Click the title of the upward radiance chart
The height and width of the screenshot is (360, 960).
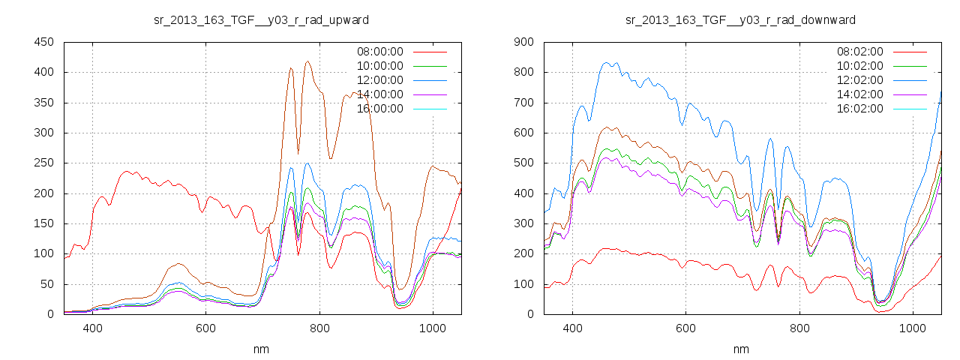pos(261,19)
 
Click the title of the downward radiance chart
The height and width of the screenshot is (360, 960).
pos(741,19)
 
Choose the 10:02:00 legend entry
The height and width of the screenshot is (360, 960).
pos(859,66)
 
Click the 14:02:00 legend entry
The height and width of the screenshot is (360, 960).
pos(859,94)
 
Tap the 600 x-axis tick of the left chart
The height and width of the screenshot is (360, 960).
pos(206,328)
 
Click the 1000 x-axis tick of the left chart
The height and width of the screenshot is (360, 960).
pos(432,328)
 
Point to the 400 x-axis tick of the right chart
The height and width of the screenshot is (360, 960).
pos(572,328)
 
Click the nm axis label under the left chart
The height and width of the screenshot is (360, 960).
pos(261,349)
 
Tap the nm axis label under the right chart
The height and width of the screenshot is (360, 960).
pos(741,349)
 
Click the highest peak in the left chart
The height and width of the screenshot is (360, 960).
pos(308,61)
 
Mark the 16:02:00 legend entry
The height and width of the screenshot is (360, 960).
pos(859,109)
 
